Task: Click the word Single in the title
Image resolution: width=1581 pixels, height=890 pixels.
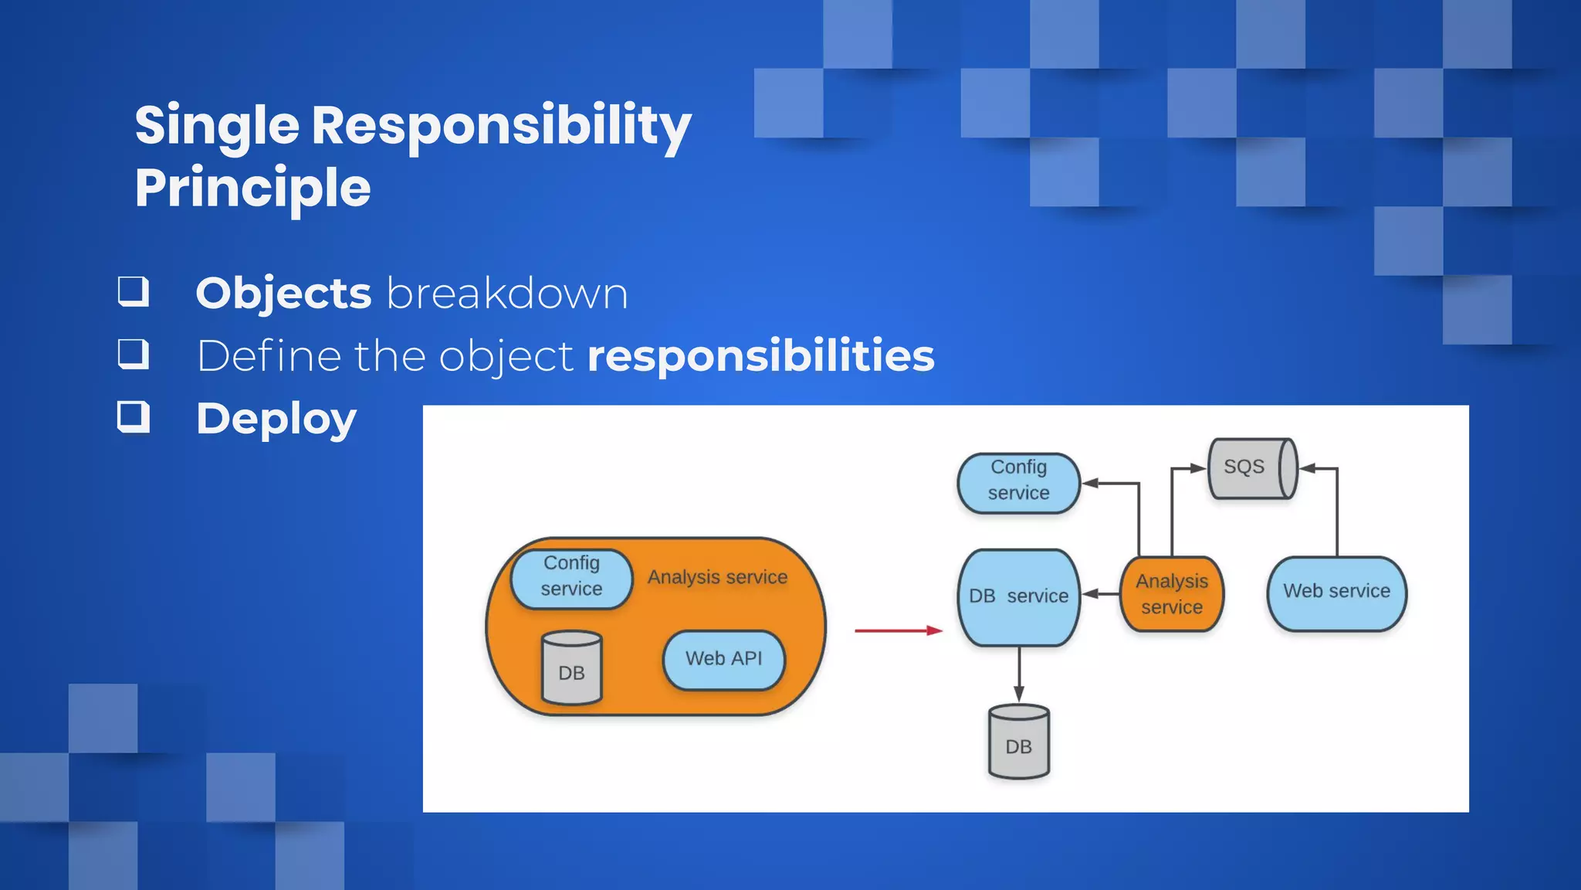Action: click(x=217, y=126)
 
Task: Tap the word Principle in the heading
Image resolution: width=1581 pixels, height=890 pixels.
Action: click(x=252, y=189)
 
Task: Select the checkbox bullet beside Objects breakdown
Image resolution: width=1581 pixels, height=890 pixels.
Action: click(x=133, y=292)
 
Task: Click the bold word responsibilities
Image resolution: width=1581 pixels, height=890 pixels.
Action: click(x=760, y=356)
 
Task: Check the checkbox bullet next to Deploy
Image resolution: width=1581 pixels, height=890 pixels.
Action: click(x=133, y=417)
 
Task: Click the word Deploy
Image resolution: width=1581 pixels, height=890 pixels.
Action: click(x=276, y=419)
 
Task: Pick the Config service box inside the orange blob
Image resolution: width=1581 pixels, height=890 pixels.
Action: click(x=571, y=577)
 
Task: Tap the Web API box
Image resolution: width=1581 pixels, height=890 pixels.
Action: click(x=723, y=659)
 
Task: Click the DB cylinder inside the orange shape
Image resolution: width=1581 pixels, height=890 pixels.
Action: click(x=571, y=669)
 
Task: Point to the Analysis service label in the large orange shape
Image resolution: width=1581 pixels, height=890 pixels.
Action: click(x=717, y=577)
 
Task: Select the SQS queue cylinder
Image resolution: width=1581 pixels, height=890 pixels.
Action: click(x=1251, y=468)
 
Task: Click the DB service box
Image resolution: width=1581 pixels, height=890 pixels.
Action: click(x=1018, y=596)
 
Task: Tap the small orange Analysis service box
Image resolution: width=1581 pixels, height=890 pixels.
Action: click(x=1171, y=594)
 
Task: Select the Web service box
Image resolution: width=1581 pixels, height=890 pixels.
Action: click(x=1336, y=593)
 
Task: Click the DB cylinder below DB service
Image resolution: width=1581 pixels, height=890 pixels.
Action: click(x=1018, y=742)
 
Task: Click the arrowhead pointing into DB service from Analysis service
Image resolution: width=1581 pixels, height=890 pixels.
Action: click(x=1088, y=594)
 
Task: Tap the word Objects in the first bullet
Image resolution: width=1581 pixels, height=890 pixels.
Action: click(x=283, y=294)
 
